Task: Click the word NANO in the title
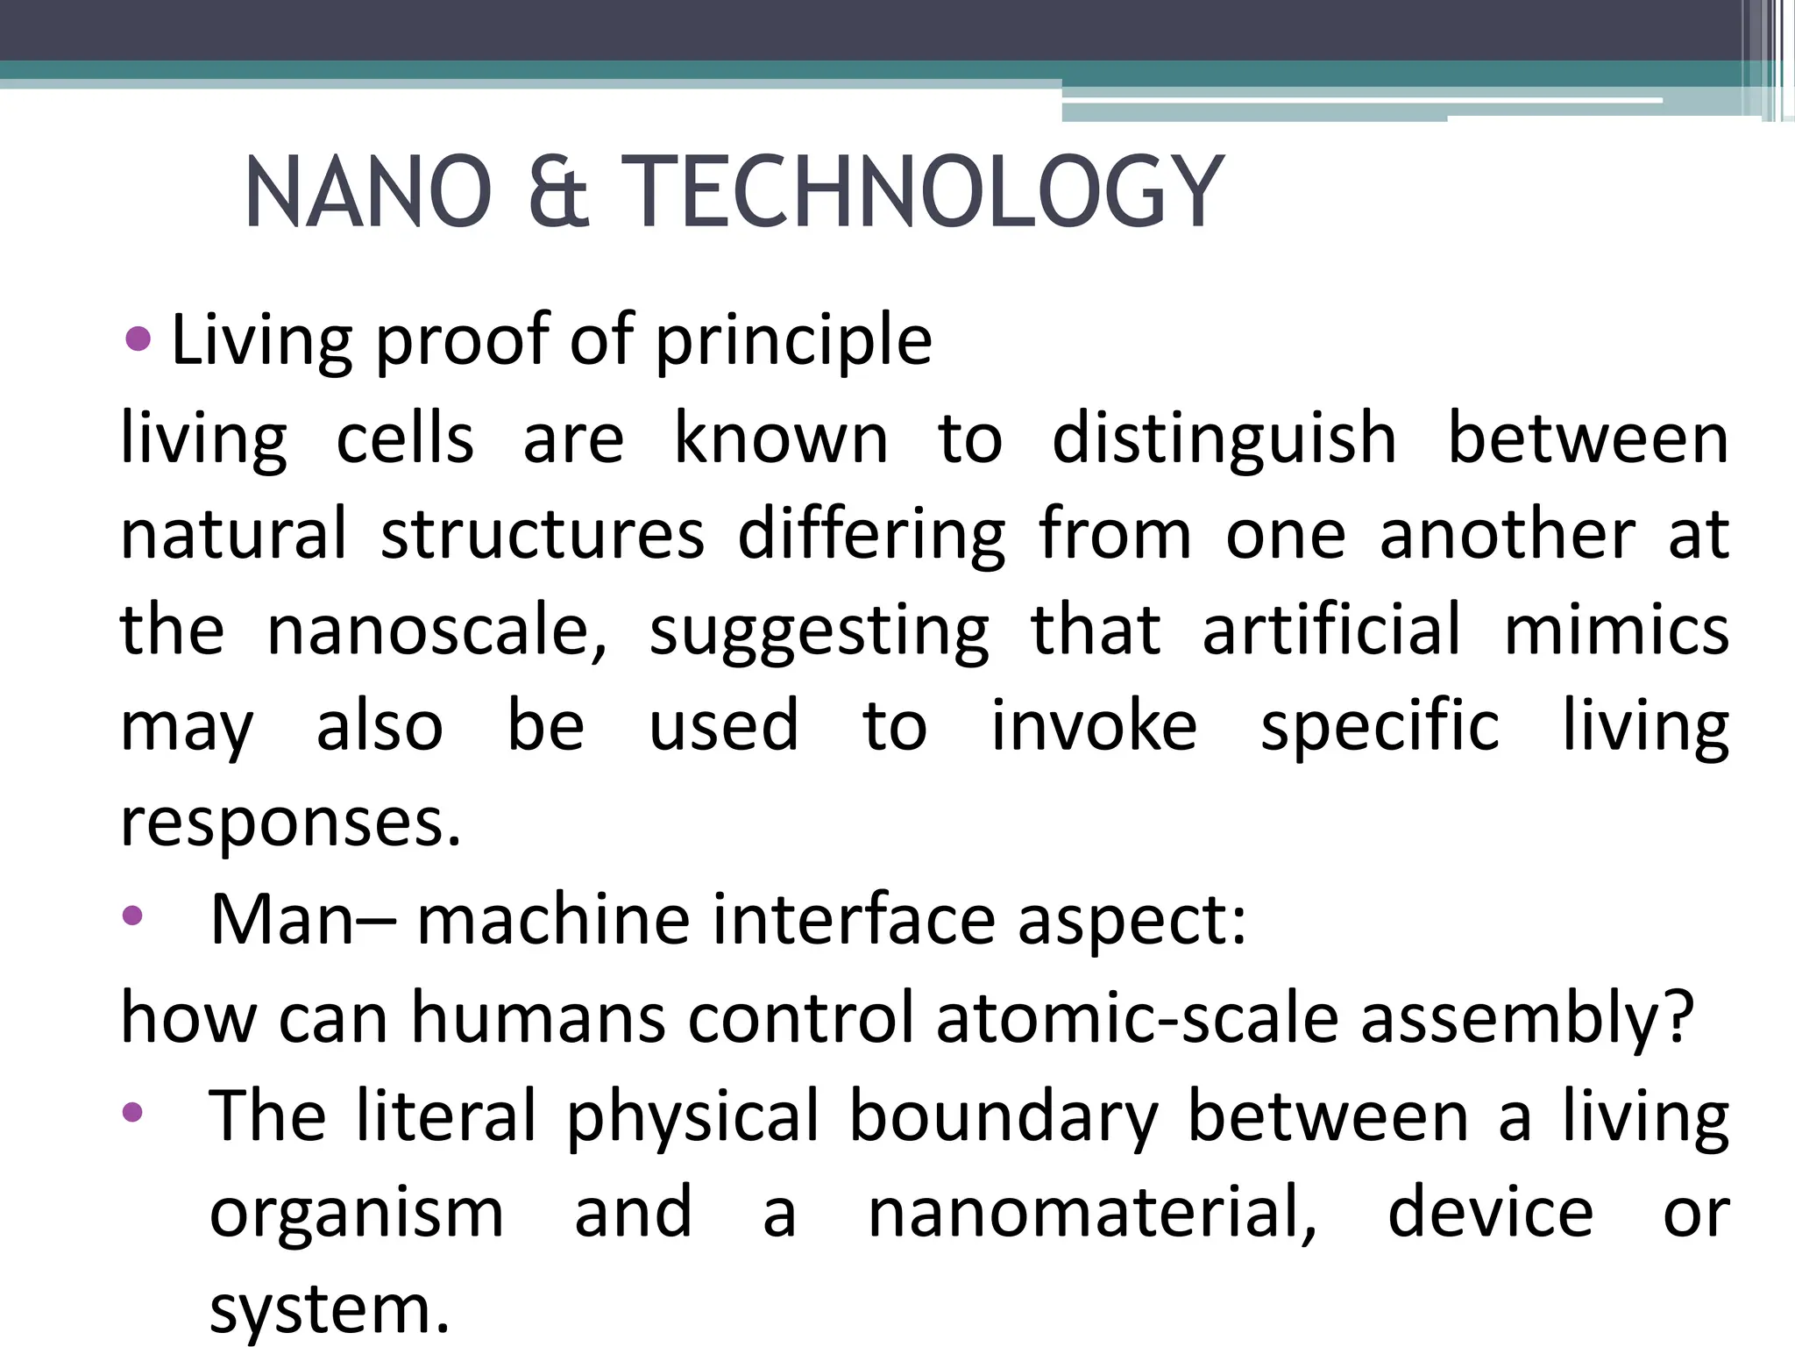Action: (367, 192)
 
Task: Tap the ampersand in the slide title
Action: (558, 192)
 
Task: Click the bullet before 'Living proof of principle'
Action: (138, 339)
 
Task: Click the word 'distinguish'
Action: (1224, 438)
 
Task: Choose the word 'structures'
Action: (543, 534)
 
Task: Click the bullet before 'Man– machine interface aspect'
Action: (132, 917)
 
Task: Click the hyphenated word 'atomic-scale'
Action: (1137, 1017)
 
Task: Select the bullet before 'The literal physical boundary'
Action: (132, 1113)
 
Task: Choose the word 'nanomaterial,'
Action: (1092, 1212)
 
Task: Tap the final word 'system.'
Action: (330, 1308)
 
